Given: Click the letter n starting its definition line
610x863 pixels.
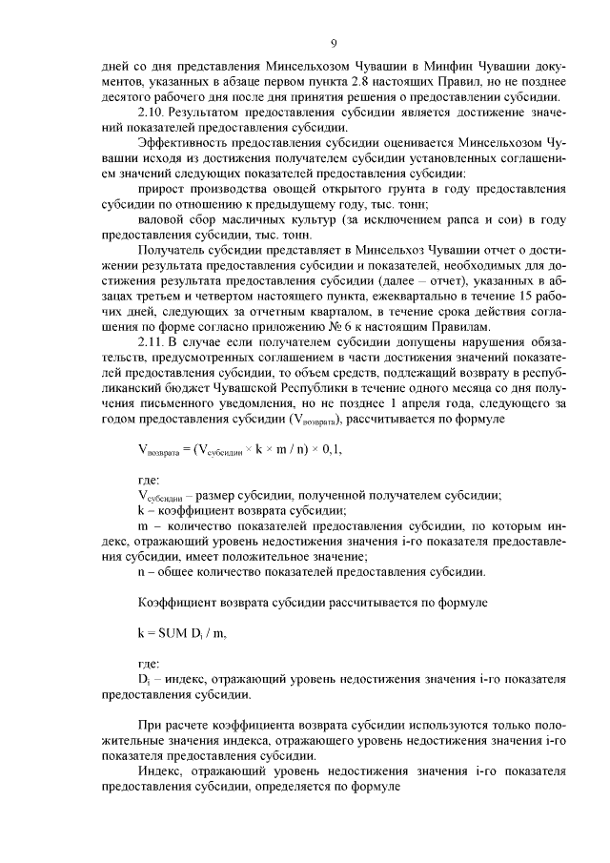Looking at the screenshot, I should [142, 571].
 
